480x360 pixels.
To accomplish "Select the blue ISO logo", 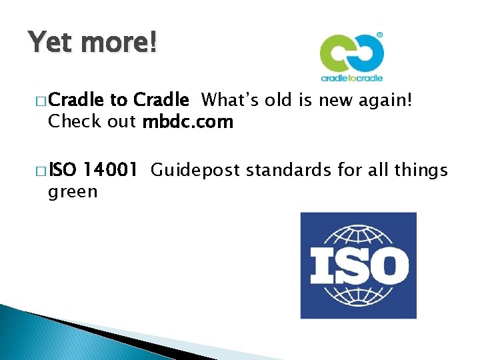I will tap(358, 265).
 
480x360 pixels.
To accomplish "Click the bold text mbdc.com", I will tap(187, 122).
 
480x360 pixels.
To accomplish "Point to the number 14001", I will tap(111, 171).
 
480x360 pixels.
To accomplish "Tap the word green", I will tap(73, 192).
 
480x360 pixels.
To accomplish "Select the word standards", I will tap(286, 171).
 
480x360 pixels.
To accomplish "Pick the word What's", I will tap(229, 101).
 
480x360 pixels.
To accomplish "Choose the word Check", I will tap(70, 122).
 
